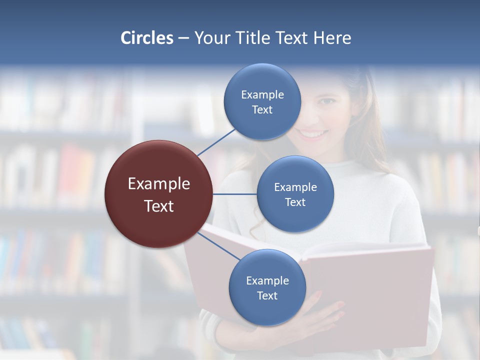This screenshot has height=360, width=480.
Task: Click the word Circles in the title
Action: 147,38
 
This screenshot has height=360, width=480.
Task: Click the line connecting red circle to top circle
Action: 217,142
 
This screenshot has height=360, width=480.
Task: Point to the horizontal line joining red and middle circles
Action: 234,194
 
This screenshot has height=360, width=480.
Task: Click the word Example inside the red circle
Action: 159,184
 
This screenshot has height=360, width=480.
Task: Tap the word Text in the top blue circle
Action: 262,110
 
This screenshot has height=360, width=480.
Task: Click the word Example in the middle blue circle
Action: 295,187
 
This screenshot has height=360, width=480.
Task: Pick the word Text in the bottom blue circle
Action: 267,296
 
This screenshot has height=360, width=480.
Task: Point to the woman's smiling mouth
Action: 312,134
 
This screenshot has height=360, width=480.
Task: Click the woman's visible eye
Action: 326,101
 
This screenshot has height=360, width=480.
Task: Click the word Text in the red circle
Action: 159,206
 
